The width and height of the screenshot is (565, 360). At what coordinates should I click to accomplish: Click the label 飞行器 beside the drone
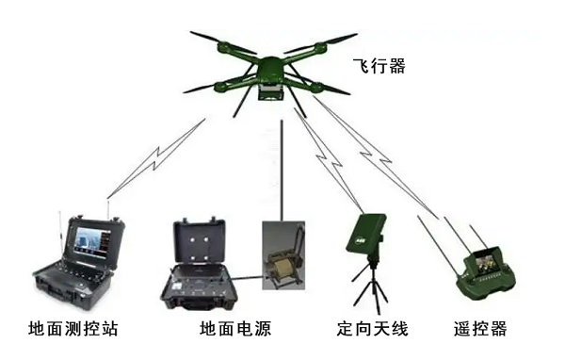pos(379,66)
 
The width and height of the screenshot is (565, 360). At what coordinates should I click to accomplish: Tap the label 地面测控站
pos(73,329)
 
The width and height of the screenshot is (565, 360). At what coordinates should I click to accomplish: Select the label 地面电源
pos(235,329)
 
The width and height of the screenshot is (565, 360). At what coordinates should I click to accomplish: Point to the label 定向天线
pos(373,329)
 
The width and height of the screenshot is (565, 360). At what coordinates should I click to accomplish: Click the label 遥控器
pos(480,329)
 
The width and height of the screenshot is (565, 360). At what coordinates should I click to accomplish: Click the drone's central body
pos(270,70)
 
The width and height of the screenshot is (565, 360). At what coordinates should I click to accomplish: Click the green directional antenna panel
pos(365,234)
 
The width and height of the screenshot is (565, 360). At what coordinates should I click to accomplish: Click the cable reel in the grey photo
pos(281,268)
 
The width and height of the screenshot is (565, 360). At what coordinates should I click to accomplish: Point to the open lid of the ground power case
pos(200,242)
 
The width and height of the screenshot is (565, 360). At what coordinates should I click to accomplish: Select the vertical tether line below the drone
pos(282,171)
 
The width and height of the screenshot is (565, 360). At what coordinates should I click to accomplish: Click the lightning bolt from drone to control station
pos(156,158)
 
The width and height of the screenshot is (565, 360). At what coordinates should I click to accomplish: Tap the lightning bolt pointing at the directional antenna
pos(329,160)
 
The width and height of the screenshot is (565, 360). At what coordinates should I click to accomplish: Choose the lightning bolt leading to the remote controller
pos(376,157)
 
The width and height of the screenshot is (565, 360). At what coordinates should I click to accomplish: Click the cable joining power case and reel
pos(247,278)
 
